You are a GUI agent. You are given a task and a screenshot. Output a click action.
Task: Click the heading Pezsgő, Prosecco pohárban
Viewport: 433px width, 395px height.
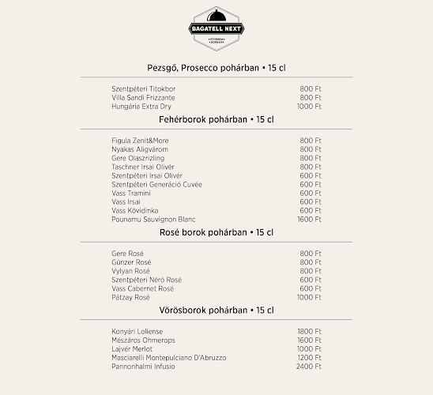pos(216,68)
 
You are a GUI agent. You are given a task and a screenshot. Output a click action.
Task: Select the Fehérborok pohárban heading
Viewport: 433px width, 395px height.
pos(216,120)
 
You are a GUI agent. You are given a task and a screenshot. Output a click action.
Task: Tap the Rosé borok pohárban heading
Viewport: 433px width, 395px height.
pos(216,232)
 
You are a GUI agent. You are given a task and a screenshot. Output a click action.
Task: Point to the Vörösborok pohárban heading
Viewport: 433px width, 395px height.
pos(216,310)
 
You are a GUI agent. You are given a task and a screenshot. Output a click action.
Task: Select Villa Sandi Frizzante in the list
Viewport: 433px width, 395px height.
pos(138,97)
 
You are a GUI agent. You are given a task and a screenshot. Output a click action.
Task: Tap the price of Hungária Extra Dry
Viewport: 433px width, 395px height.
pos(309,106)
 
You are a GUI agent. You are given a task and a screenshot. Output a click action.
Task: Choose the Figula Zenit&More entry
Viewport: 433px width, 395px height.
pos(140,141)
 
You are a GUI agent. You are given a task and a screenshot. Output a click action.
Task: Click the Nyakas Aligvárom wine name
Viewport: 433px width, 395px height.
pos(140,149)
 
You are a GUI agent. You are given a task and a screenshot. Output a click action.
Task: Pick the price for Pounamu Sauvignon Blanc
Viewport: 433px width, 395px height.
pos(309,219)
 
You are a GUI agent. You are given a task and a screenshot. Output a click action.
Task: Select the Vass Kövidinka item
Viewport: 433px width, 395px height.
pos(135,210)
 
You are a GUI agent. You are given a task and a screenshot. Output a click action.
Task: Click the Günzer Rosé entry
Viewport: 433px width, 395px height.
pos(131,262)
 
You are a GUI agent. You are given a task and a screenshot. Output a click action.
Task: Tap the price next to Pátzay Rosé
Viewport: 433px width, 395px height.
pos(309,297)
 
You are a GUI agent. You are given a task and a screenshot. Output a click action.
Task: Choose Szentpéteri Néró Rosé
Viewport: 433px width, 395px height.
pos(147,280)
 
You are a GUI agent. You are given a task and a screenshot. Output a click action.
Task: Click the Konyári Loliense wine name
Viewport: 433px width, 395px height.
pos(137,332)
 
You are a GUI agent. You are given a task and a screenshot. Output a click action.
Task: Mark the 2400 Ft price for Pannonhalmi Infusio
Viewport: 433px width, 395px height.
pos(309,367)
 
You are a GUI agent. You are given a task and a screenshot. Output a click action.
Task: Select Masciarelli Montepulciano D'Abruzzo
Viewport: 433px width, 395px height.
pos(169,358)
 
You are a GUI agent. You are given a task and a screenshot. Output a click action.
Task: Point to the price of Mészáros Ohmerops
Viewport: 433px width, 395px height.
pos(309,340)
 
